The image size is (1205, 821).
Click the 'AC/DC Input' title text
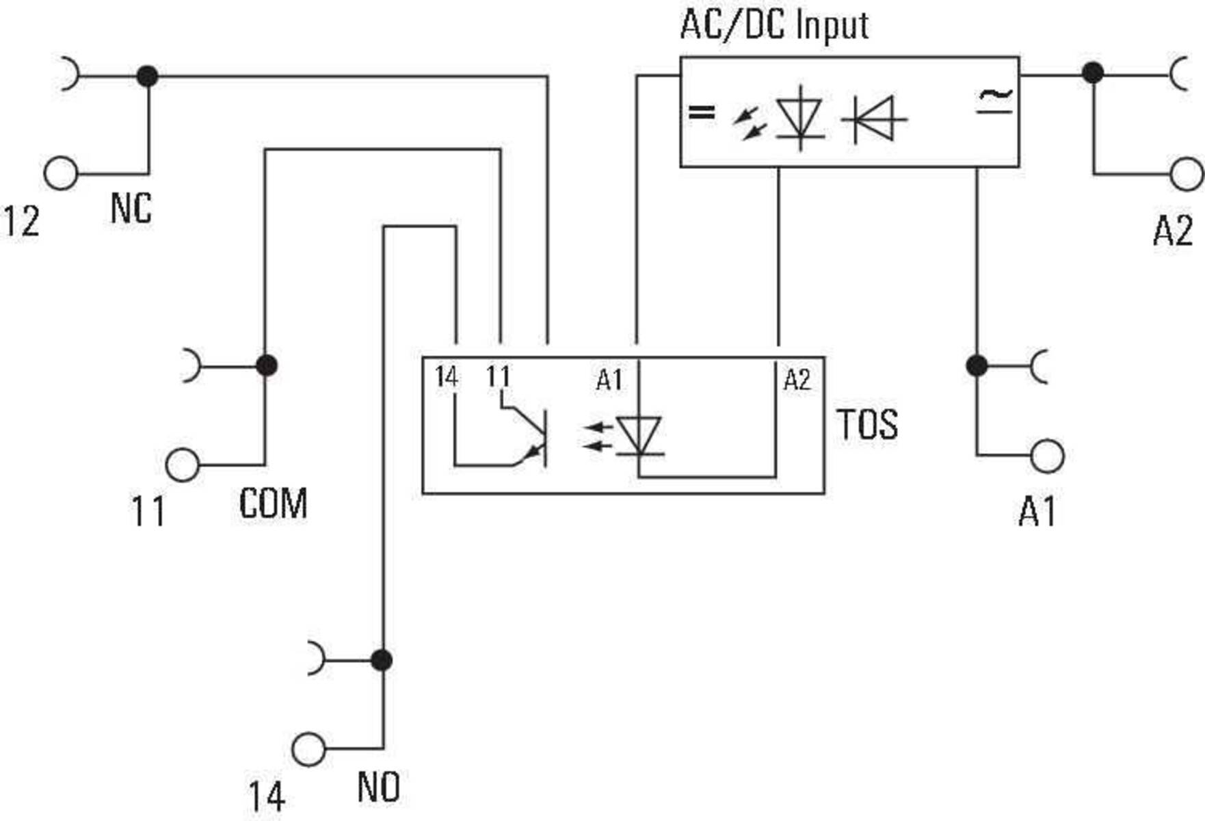pos(773,25)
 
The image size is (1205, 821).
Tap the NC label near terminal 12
pos(130,208)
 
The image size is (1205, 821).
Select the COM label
pos(273,504)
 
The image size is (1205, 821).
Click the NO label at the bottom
pos(378,787)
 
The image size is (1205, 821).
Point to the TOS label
pos(866,424)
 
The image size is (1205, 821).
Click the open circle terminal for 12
pos(61,173)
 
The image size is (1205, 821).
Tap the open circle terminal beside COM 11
pos(183,465)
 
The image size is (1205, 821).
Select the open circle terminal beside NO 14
pos(308,749)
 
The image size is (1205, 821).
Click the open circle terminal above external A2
pos(1187,174)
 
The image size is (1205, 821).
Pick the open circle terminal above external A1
pos(1047,456)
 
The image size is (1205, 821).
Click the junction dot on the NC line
pos(148,76)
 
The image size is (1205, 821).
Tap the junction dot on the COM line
pos(266,366)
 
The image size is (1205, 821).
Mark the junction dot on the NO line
pos(382,660)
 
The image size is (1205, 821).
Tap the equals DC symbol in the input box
pos(701,112)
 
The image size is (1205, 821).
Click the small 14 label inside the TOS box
pos(446,377)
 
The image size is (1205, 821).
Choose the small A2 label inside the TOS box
pos(797,380)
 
